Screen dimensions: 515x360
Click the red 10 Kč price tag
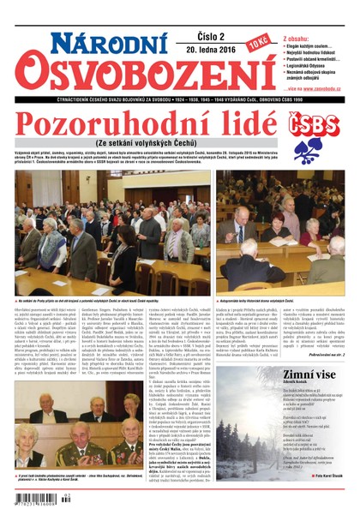[258, 42]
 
